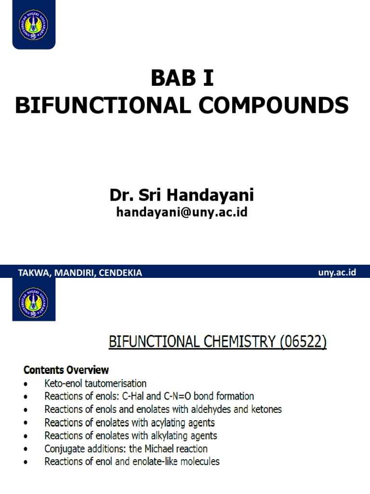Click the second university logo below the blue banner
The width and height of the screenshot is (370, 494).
(34, 299)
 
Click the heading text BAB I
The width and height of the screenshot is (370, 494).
(182, 79)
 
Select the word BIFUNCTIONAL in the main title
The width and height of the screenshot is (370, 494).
(101, 105)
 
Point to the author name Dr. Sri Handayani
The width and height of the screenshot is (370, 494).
(182, 195)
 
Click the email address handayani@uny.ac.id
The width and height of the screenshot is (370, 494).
(182, 212)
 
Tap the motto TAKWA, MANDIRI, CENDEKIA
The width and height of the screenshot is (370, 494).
(80, 273)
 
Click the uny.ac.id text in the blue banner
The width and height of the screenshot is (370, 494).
(337, 273)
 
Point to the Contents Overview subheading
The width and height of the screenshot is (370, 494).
(66, 370)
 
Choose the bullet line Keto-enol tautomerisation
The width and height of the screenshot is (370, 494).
(95, 384)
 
